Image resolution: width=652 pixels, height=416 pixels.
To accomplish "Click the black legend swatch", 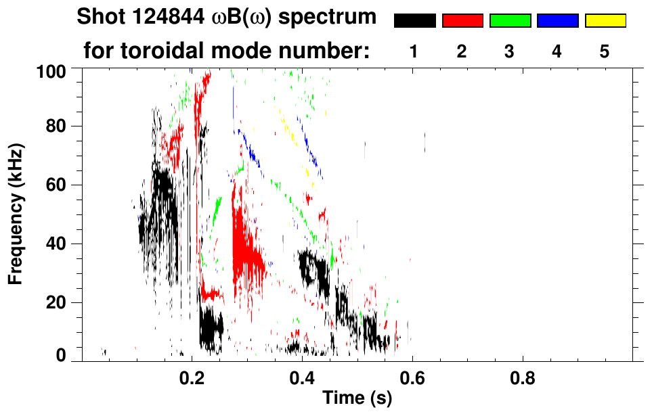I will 414,21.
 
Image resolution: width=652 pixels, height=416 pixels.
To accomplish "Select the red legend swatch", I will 462,21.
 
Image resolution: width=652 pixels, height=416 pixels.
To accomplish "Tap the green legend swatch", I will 510,21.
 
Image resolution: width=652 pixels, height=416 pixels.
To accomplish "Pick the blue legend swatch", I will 557,21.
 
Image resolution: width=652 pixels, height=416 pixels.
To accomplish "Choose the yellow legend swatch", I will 605,21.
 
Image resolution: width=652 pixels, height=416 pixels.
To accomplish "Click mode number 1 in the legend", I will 414,52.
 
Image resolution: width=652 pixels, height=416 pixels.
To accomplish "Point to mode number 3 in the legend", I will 510,52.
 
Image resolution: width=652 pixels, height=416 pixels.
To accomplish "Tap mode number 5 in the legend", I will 605,52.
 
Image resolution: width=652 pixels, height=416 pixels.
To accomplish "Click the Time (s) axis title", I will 357,399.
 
